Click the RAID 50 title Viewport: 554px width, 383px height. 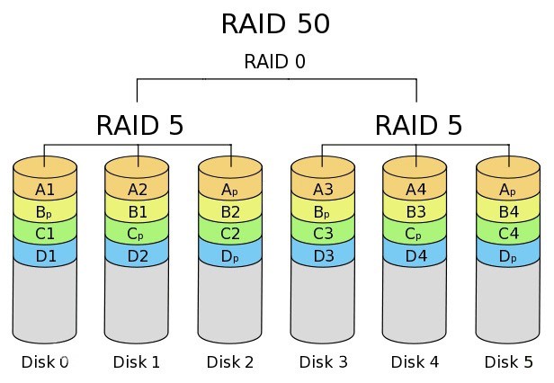click(x=275, y=23)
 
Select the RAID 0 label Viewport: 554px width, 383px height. click(x=275, y=62)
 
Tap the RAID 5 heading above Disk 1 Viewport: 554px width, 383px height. click(x=139, y=125)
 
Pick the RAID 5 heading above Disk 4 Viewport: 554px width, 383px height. click(x=417, y=125)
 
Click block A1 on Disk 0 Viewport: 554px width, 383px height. click(x=45, y=190)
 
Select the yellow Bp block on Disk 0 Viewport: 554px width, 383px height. click(x=45, y=213)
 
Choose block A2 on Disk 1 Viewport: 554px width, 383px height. click(x=138, y=190)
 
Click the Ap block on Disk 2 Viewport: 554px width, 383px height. click(x=230, y=190)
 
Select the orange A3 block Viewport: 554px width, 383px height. click(x=323, y=190)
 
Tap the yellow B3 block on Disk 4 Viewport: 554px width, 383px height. click(x=415, y=213)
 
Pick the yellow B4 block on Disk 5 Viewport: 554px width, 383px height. click(x=508, y=213)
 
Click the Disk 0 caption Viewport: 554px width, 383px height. click(x=45, y=362)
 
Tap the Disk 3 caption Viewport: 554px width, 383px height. click(x=323, y=362)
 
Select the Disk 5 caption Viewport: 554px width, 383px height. click(x=508, y=362)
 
